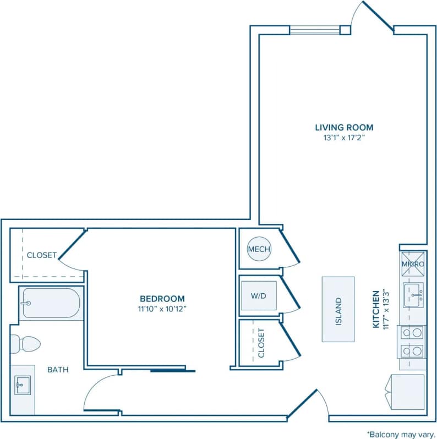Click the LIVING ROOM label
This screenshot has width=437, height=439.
pyautogui.click(x=344, y=128)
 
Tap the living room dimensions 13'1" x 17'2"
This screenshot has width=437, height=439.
pyautogui.click(x=344, y=138)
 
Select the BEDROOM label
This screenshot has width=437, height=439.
pyautogui.click(x=162, y=299)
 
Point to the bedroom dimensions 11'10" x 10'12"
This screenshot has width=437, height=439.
pyautogui.click(x=162, y=309)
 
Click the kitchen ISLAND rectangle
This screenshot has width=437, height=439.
pyautogui.click(x=338, y=309)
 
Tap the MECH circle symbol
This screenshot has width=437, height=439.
pyautogui.click(x=259, y=250)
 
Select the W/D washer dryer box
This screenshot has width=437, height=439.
pyautogui.click(x=259, y=296)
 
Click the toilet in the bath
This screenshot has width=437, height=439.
pyautogui.click(x=25, y=343)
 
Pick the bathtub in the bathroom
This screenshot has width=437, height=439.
pyautogui.click(x=51, y=303)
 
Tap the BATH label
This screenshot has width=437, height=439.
pyautogui.click(x=57, y=370)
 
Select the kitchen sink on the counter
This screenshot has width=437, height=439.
pyautogui.click(x=413, y=295)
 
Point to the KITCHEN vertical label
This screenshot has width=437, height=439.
pyautogui.click(x=377, y=309)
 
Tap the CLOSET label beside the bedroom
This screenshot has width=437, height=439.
pyautogui.click(x=41, y=255)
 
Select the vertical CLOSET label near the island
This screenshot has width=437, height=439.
pyautogui.click(x=261, y=343)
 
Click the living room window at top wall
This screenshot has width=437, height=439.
pyautogui.click(x=315, y=30)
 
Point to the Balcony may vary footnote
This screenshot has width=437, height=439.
pyautogui.click(x=401, y=433)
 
